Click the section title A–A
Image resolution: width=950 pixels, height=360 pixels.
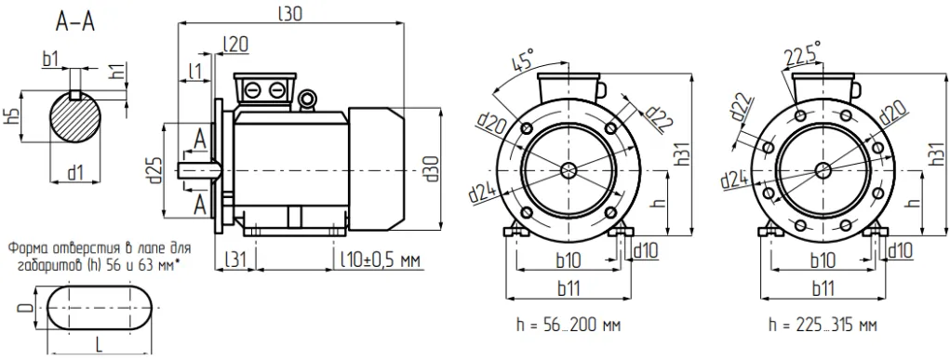[75, 22]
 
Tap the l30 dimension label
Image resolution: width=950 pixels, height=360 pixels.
[290, 13]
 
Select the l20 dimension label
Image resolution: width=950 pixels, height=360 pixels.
[235, 44]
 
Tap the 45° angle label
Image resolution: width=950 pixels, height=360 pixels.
[522, 61]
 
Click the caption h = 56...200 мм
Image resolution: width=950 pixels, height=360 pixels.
[569, 325]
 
